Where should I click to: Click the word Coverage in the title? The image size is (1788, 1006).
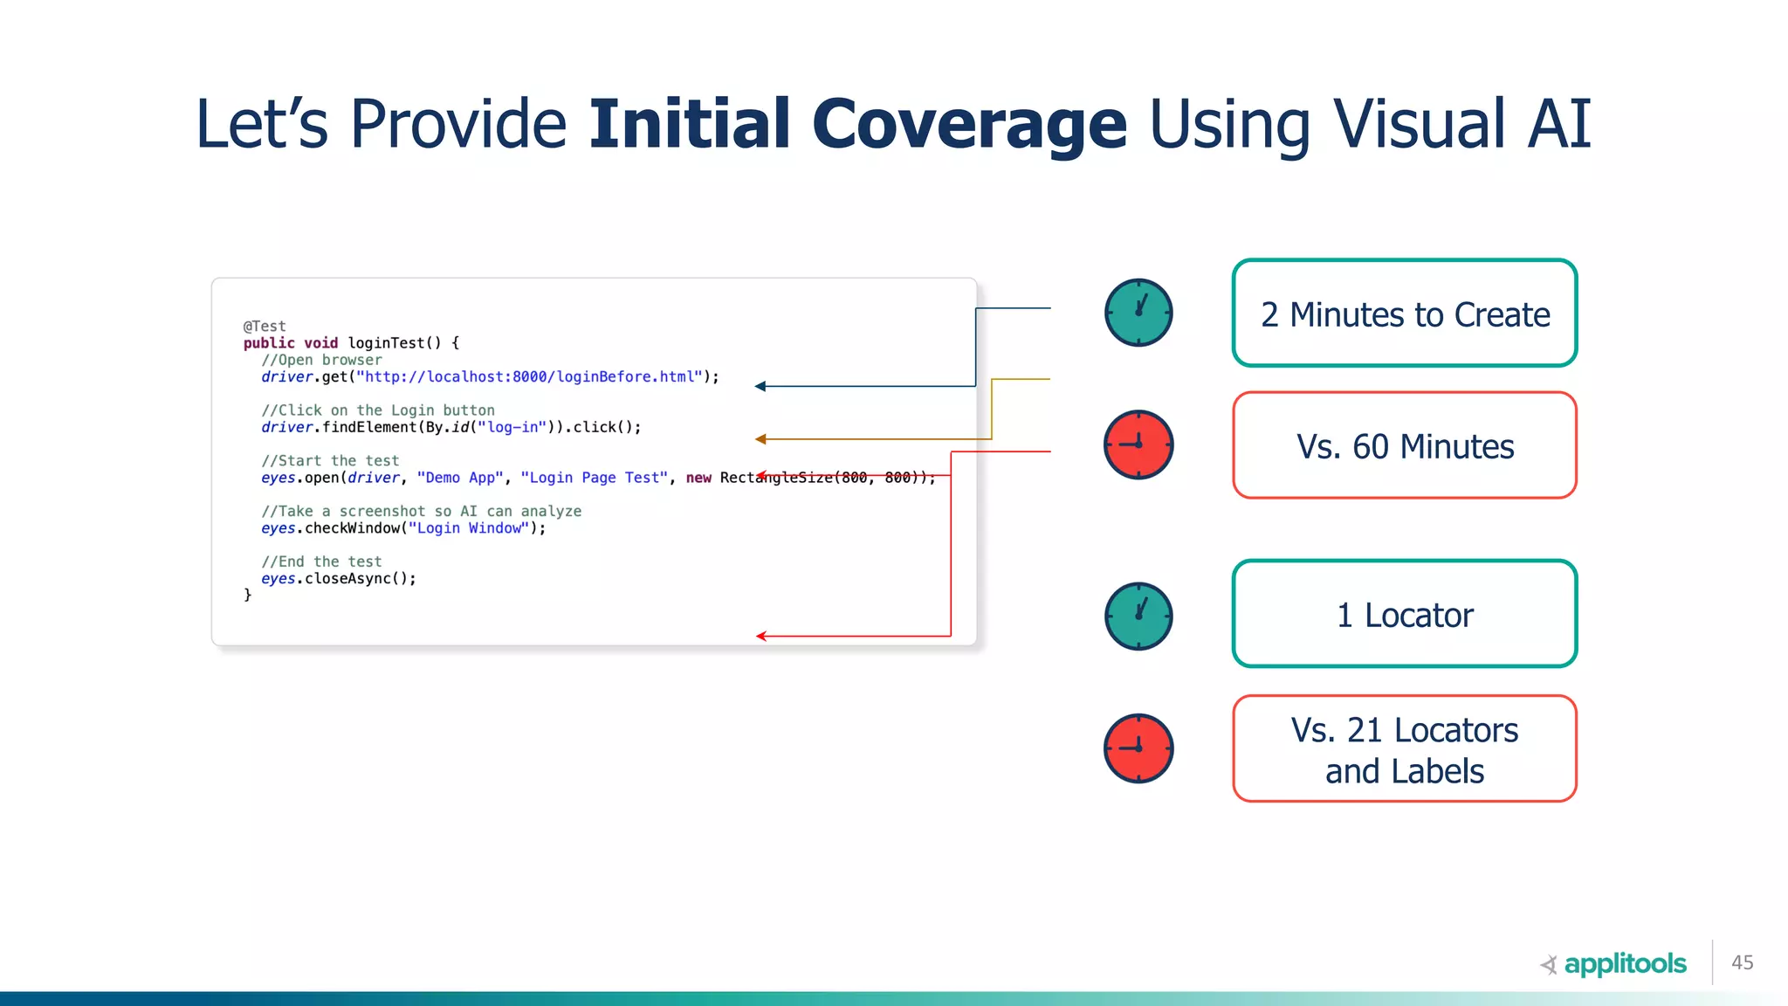pos(969,124)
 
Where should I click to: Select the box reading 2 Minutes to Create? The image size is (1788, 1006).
pos(1404,314)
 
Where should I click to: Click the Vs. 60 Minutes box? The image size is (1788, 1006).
pos(1404,445)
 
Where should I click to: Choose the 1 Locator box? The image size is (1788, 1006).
pos(1404,614)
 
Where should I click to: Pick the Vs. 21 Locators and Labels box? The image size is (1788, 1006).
pos(1404,749)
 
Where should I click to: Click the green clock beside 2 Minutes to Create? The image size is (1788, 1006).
pos(1138,313)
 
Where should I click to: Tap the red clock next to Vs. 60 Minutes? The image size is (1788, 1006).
pos(1138,444)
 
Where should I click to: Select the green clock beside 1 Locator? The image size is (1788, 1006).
pos(1138,616)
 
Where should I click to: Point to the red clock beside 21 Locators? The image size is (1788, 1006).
pos(1138,748)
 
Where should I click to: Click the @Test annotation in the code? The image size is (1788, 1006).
pos(265,327)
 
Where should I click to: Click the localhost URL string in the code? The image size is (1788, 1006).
pos(529,377)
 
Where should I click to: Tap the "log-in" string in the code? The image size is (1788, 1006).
pos(512,427)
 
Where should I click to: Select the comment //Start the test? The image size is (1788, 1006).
pos(330,461)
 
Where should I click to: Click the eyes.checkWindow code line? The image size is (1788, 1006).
pos(402,528)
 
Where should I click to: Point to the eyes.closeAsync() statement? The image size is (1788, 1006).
pos(339,579)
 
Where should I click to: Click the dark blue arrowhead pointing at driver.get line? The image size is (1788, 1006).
pos(760,386)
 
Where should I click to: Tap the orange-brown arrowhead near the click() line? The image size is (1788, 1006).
pos(760,439)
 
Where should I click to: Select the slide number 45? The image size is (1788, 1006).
pos(1742,962)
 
